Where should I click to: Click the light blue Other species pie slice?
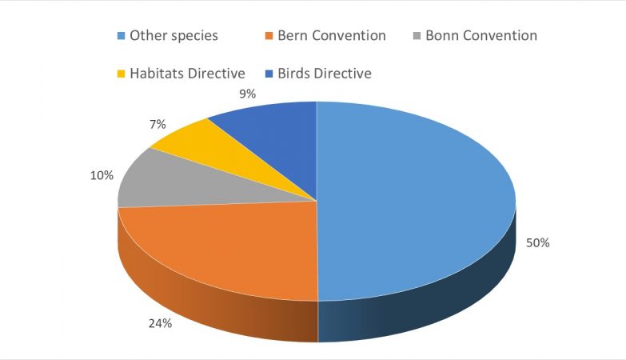(416, 200)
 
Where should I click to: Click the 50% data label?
(537, 242)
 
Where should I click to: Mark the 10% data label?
(102, 174)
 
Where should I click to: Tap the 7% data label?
(157, 124)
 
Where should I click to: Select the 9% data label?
(247, 94)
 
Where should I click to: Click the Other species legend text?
(173, 35)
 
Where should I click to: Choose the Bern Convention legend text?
(331, 35)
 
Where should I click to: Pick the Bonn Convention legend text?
(481, 35)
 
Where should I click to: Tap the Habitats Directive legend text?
(187, 74)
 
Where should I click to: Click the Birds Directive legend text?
(325, 74)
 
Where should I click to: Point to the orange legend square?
(269, 36)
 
